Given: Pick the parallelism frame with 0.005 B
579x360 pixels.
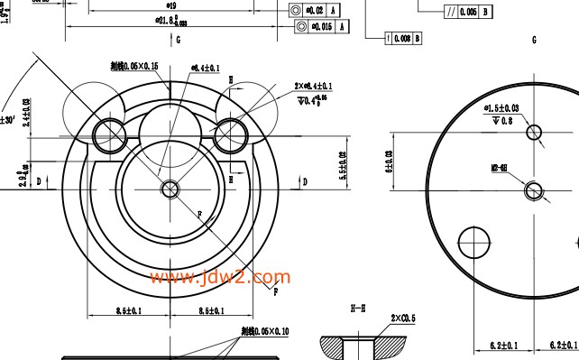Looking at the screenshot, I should [467, 12].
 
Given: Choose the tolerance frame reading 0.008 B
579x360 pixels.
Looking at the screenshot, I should [402, 38].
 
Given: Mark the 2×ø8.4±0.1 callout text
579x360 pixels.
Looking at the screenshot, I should [313, 87].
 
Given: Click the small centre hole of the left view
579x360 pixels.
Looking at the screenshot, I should [170, 189].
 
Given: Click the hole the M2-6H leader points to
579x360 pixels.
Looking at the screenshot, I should [533, 189].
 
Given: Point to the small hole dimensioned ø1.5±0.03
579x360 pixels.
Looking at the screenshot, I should [535, 133].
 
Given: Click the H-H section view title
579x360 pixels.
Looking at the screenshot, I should [358, 309].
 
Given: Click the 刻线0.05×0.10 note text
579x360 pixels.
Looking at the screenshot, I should [264, 332].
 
